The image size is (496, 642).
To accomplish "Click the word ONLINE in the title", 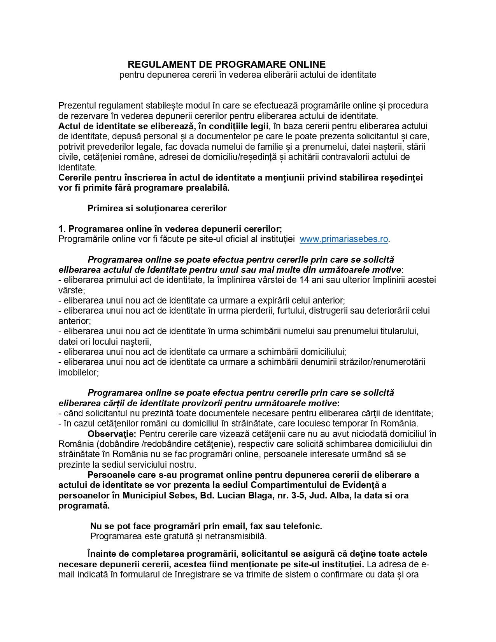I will click(x=307, y=64).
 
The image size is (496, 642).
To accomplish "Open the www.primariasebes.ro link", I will click(x=344, y=239).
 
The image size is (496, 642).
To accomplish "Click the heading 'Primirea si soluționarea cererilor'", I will click(x=157, y=208).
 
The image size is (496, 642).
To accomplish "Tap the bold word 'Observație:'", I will click(x=112, y=434).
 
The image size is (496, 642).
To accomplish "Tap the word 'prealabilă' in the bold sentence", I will click(x=209, y=188).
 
